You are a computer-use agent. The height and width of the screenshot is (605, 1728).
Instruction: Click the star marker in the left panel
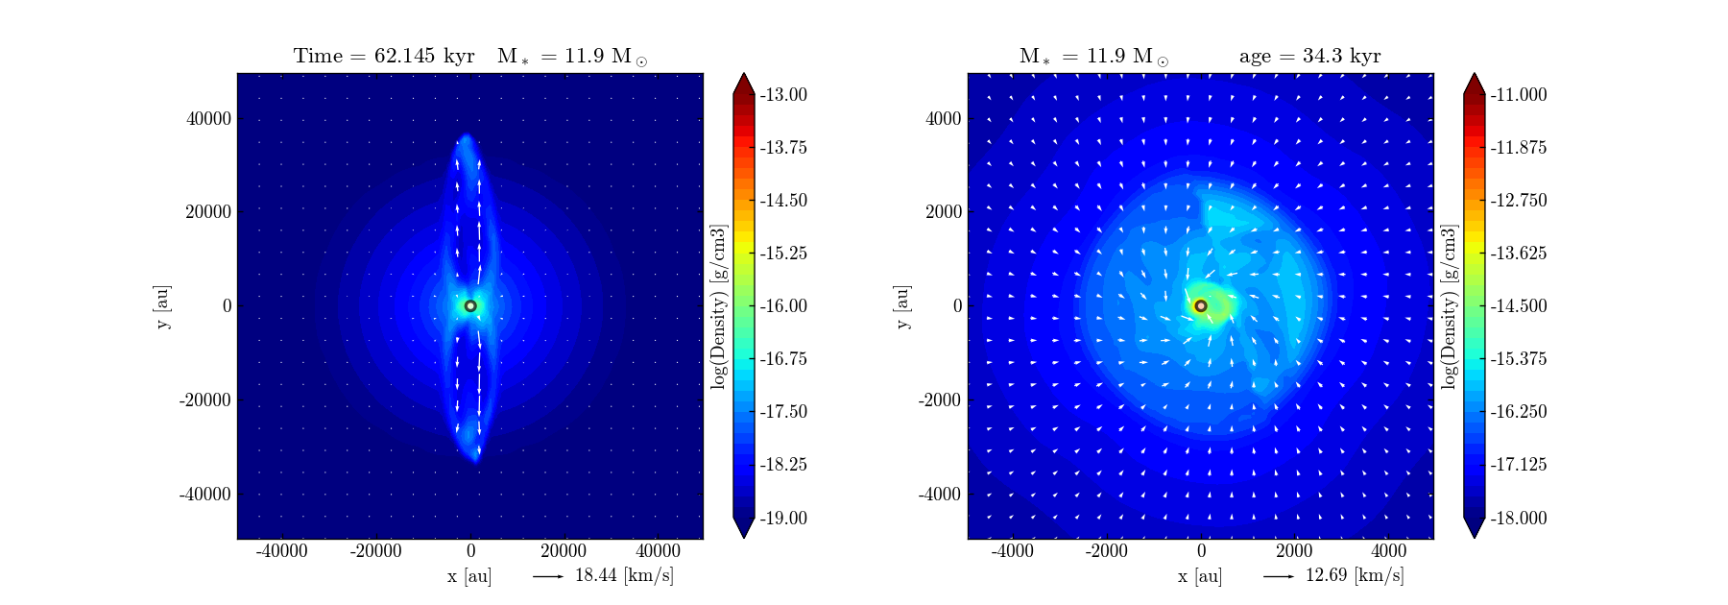click(x=470, y=306)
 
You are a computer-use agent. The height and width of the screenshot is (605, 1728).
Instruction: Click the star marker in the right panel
click(x=1201, y=306)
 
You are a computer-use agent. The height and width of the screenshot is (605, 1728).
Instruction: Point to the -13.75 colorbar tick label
click(x=783, y=148)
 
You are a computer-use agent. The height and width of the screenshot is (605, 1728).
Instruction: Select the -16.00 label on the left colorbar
click(x=783, y=306)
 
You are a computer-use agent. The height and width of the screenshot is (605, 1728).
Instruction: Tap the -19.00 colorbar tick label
click(x=783, y=519)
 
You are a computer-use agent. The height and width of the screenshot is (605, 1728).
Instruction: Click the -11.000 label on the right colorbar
click(x=1518, y=95)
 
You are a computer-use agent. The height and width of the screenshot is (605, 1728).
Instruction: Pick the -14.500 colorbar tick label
click(x=1518, y=306)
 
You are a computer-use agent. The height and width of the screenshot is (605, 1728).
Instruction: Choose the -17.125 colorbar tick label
click(x=1518, y=465)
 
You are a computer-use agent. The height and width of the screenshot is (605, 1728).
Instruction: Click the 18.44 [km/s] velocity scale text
click(x=624, y=576)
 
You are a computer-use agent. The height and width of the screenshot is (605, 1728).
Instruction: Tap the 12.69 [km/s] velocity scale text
click(x=1355, y=576)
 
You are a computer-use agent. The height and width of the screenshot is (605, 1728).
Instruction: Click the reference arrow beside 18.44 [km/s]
click(x=548, y=576)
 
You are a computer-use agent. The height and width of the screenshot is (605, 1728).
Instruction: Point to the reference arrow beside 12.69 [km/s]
click(x=1279, y=576)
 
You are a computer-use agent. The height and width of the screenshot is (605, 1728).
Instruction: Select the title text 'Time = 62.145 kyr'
click(x=384, y=56)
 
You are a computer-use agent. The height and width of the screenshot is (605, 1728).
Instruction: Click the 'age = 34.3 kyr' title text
click(x=1309, y=56)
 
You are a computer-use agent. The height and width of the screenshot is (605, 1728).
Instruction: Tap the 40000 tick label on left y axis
click(x=208, y=119)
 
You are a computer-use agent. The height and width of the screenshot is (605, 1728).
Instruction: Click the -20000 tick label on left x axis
click(x=375, y=551)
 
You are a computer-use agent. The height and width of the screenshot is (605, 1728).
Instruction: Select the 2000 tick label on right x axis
click(x=1294, y=551)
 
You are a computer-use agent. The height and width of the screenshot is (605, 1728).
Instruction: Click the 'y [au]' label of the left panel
click(x=163, y=306)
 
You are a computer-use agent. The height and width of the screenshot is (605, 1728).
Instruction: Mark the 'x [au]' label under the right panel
click(x=1200, y=576)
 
